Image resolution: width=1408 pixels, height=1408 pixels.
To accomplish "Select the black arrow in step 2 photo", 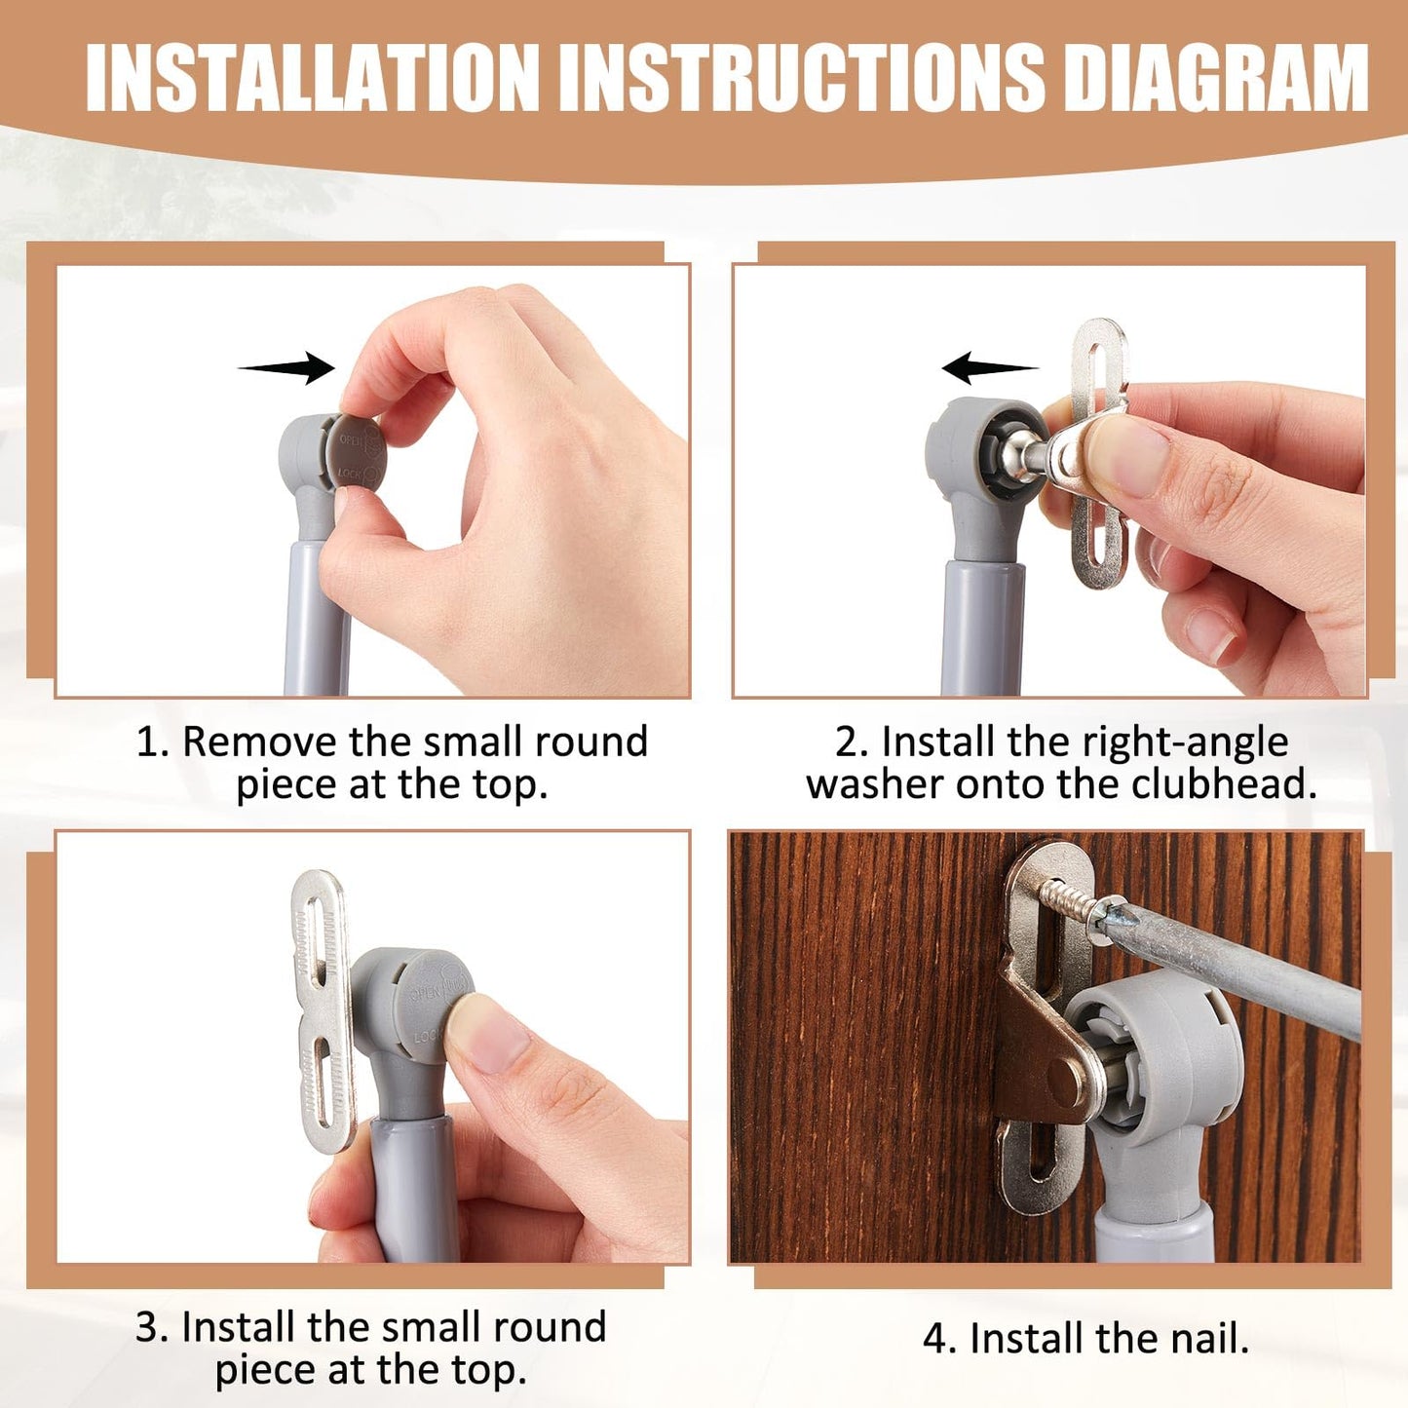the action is click(990, 367).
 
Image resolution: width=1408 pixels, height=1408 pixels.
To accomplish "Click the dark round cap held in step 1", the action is click(356, 453).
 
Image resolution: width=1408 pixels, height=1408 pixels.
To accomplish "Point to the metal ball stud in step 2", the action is click(1022, 455).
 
